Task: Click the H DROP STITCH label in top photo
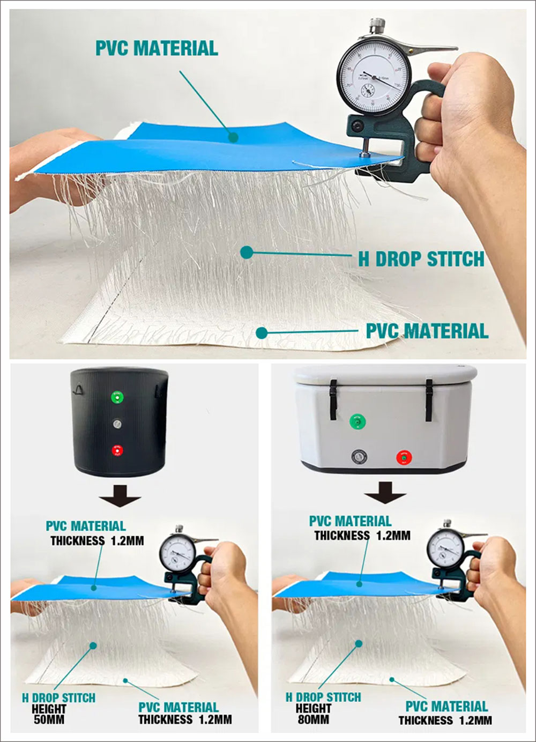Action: (x=421, y=259)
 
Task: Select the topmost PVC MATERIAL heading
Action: (x=157, y=48)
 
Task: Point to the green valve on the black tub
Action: (x=117, y=397)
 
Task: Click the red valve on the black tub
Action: (x=117, y=450)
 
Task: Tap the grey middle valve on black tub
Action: (x=117, y=424)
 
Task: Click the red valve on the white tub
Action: (x=404, y=457)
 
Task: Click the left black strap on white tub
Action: (x=333, y=399)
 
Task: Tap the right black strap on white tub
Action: (x=429, y=399)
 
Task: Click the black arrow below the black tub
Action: (x=120, y=496)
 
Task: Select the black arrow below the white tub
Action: (x=385, y=492)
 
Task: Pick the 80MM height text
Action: (x=313, y=719)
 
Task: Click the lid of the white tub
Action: (x=385, y=375)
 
